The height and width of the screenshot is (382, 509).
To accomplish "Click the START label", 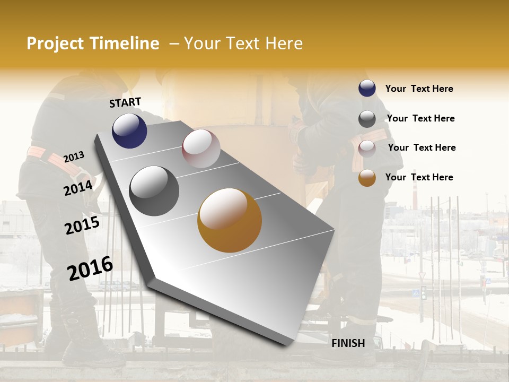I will coord(125,102).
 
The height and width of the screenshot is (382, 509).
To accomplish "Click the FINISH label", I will coord(348,343).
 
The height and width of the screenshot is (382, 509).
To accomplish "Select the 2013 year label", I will coord(74,157).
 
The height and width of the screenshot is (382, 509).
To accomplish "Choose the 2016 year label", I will coord(90,268).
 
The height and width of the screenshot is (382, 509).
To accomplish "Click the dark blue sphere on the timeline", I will coord(129,131).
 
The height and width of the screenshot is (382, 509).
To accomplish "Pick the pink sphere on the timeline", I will coord(201,149).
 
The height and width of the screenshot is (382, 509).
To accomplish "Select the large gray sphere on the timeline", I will coord(154,191).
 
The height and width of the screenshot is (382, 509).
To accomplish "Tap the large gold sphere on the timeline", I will coord(230,220).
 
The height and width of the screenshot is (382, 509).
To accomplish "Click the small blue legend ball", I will coord(367,89).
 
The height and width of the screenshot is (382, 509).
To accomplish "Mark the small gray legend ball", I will coord(367,119).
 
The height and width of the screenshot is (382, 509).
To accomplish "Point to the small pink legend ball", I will coord(367,149).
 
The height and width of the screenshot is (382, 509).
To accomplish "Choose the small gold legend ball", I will coord(367,178).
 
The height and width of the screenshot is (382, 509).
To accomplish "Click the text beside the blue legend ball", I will coord(419,89).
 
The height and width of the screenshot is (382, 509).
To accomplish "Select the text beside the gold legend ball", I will coord(419,177).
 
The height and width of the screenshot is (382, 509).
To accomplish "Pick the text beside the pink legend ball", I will coord(422,147).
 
